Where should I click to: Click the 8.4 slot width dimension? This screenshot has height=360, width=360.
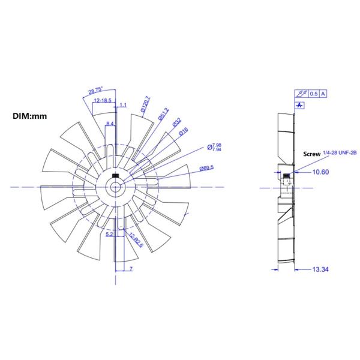(110, 123)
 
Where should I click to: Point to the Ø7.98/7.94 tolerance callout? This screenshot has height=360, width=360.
(214, 146)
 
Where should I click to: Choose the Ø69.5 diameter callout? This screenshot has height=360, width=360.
(207, 169)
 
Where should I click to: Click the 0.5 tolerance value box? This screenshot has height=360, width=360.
(313, 94)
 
